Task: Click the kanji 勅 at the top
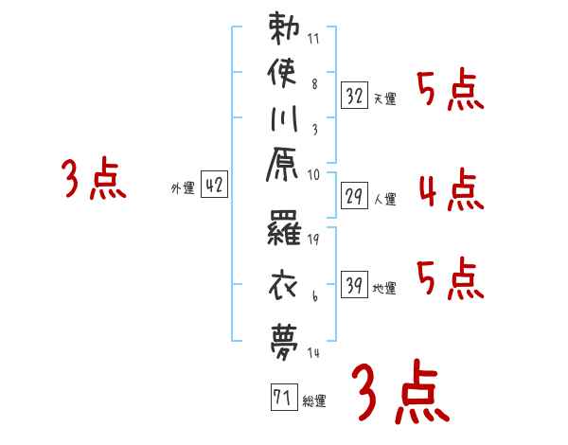[284, 28]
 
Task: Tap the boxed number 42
[214, 186]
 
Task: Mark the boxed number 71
[281, 397]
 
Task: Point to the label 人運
[384, 199]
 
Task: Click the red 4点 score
[451, 189]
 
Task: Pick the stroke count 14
[314, 352]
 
